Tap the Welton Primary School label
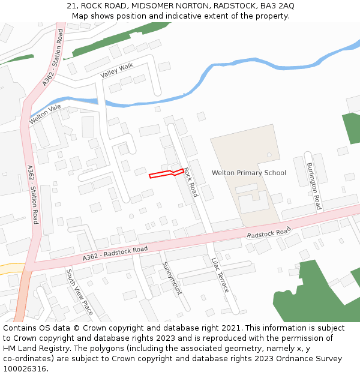[x=248, y=173]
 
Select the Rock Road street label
[x=190, y=182]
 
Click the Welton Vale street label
[x=46, y=115]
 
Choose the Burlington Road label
[x=314, y=186]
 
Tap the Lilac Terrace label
[x=220, y=275]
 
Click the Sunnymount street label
[x=171, y=278]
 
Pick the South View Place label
[x=79, y=292]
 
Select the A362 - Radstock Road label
[x=115, y=253]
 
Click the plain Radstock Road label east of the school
[x=268, y=233]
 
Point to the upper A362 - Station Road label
[x=53, y=57]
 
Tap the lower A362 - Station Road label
[x=32, y=195]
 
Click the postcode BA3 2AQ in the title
[x=277, y=6]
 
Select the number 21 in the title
[x=71, y=6]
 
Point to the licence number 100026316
[x=24, y=369]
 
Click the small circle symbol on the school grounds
[x=269, y=155]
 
